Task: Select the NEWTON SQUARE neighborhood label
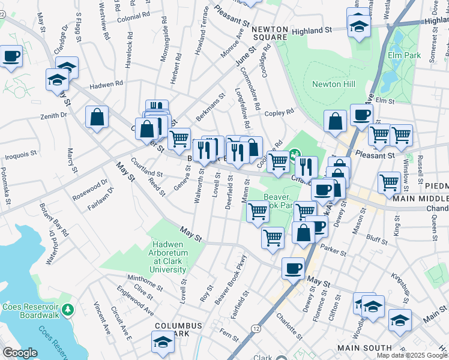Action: [x=270, y=33]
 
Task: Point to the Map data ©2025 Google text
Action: [x=411, y=355]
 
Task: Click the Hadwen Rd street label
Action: [x=106, y=85]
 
